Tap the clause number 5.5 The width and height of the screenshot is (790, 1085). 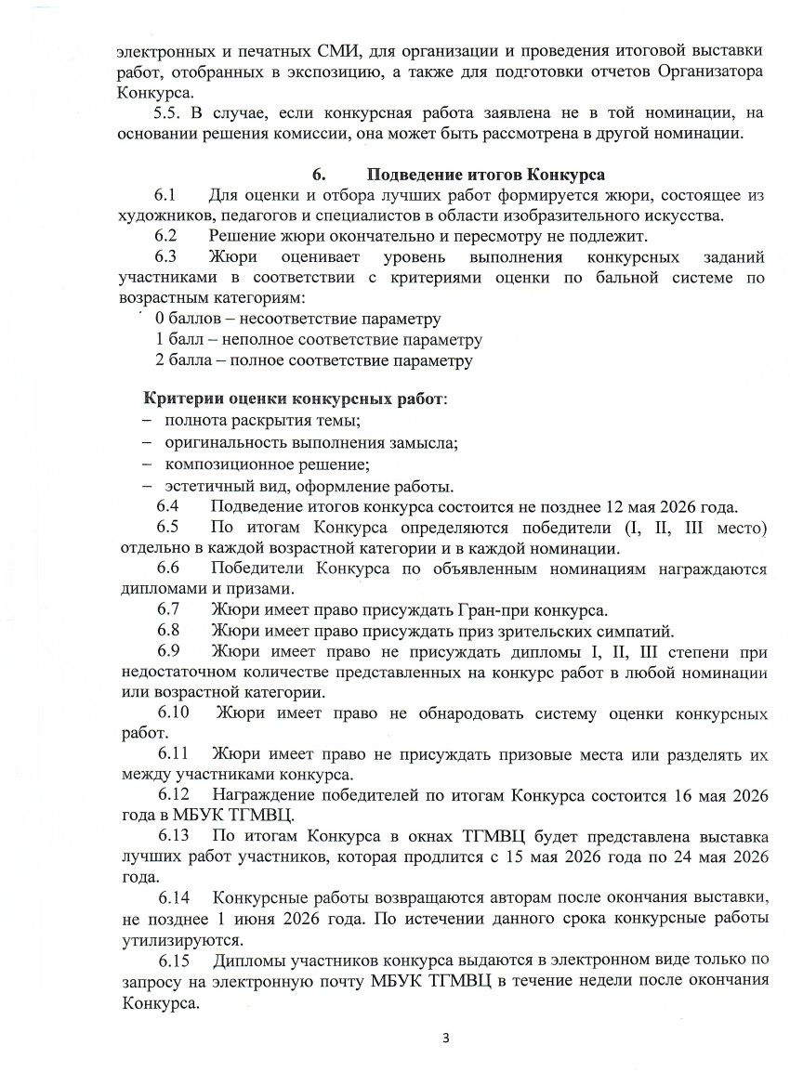coord(167,113)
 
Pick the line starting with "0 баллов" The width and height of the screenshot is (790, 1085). coord(297,319)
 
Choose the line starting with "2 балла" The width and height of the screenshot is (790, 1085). coord(313,360)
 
